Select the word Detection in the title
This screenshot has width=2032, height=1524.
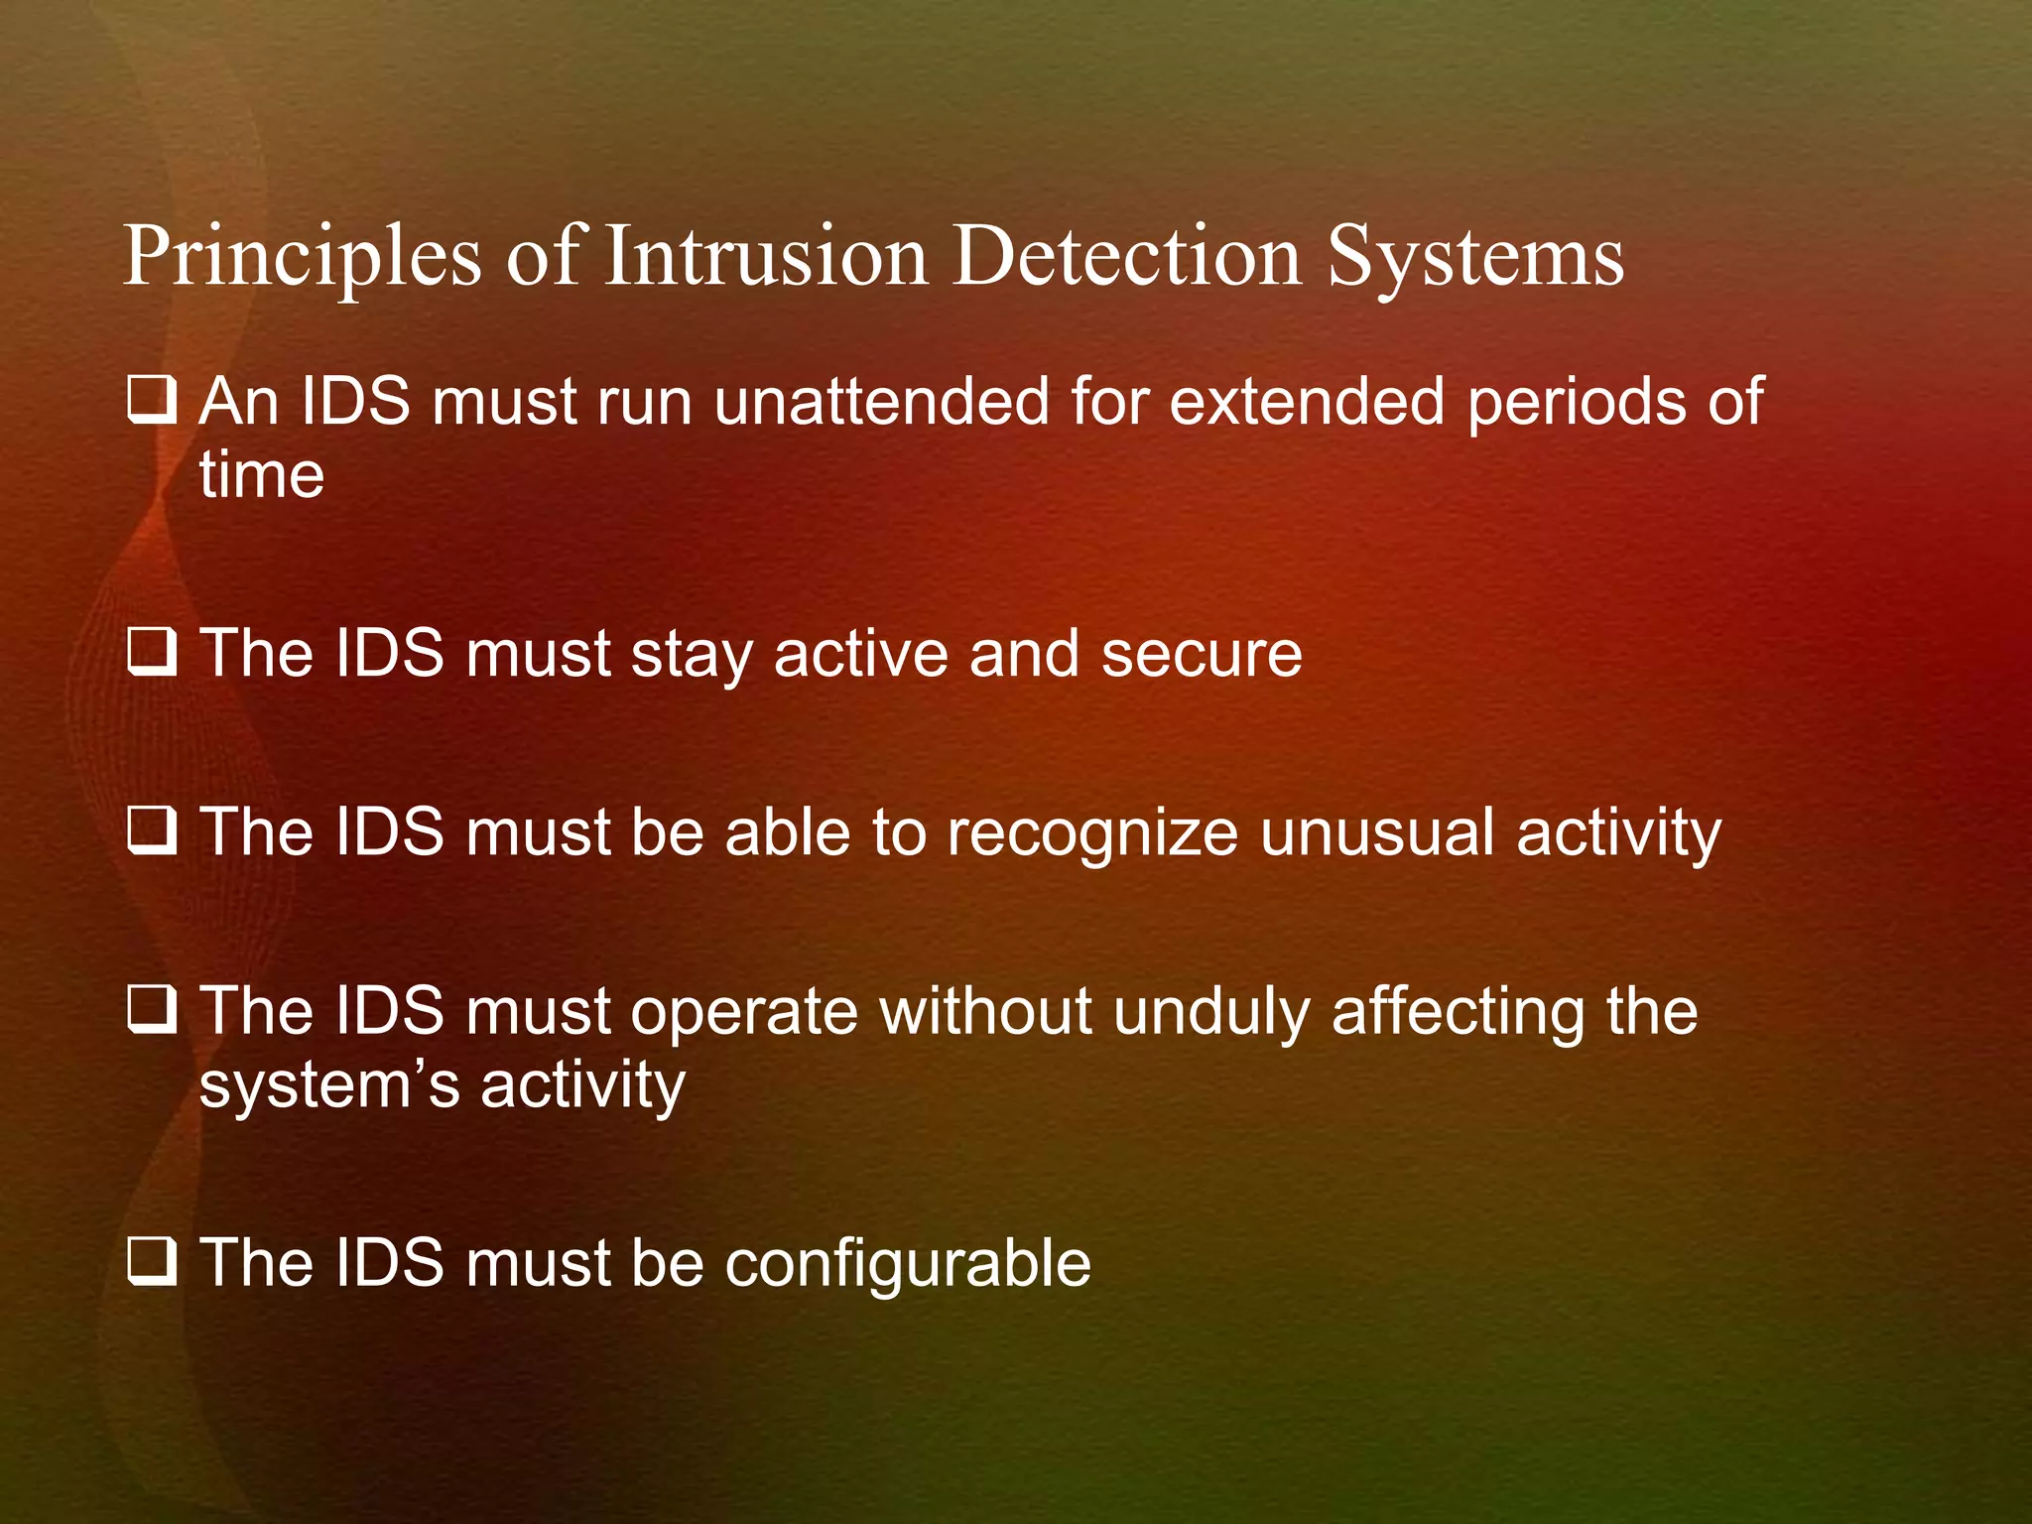click(x=1126, y=257)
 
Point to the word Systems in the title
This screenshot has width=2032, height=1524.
click(x=1475, y=257)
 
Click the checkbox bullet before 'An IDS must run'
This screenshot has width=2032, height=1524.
click(x=152, y=401)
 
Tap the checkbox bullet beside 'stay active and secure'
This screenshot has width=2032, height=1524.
click(x=152, y=653)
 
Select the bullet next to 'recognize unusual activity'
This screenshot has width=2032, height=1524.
click(x=152, y=831)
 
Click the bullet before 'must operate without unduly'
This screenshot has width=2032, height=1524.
click(x=152, y=1010)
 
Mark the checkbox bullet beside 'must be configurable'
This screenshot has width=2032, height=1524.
click(x=152, y=1262)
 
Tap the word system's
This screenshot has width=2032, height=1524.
click(x=329, y=1085)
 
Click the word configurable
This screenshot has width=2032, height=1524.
click(x=908, y=1264)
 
